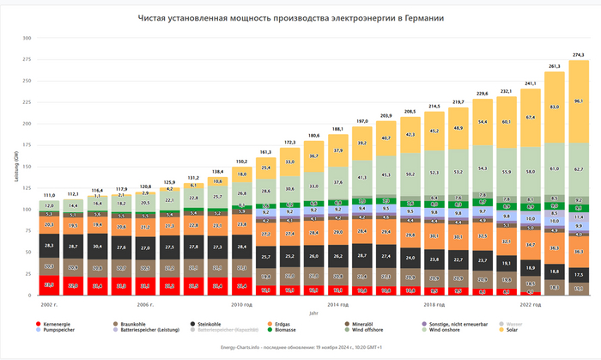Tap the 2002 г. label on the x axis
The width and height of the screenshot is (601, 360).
[x=49, y=304]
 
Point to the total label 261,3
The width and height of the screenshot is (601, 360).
[x=555, y=65]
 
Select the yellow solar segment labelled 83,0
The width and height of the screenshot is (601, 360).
[x=555, y=107]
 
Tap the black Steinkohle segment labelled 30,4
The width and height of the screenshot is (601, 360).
[x=98, y=246]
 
